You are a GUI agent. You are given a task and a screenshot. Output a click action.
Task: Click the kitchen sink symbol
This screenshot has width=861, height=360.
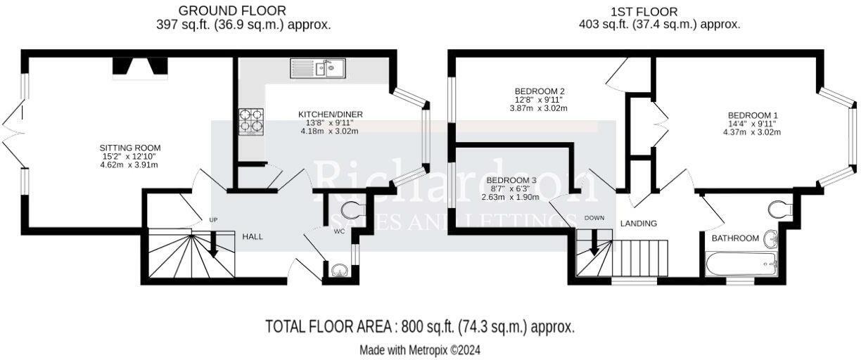tap(317, 68)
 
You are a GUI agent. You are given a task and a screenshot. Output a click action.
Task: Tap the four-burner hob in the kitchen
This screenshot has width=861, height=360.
tap(250, 121)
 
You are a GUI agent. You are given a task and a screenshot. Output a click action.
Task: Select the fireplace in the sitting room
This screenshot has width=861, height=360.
tap(140, 66)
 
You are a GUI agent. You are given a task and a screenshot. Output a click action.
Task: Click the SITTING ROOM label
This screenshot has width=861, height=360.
tap(130, 148)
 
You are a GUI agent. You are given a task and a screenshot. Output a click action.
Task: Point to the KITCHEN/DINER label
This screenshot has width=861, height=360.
tap(330, 114)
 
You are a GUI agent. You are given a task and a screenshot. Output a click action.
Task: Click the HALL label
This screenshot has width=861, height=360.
tap(253, 237)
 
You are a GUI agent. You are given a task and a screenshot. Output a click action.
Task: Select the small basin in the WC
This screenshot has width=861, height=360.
tap(338, 270)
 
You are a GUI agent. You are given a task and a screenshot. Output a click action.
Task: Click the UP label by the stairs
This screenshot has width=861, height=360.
tap(213, 220)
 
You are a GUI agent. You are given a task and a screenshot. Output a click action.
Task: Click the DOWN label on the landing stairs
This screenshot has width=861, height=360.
tap(594, 218)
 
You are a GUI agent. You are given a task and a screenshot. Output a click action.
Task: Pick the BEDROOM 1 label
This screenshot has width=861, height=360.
tap(753, 115)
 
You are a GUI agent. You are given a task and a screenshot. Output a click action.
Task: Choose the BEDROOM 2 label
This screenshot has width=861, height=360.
tap(540, 91)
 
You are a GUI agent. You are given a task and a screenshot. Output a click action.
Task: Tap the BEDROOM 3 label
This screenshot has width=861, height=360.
tap(511, 181)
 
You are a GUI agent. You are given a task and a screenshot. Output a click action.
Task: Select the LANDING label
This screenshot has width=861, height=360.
tap(638, 224)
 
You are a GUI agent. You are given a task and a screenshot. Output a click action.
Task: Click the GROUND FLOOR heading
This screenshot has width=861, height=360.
tap(232, 11)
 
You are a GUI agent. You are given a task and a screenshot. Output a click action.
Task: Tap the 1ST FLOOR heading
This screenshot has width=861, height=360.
tap(644, 12)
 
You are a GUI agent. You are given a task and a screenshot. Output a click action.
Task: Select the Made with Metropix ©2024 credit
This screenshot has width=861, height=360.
tap(420, 349)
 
